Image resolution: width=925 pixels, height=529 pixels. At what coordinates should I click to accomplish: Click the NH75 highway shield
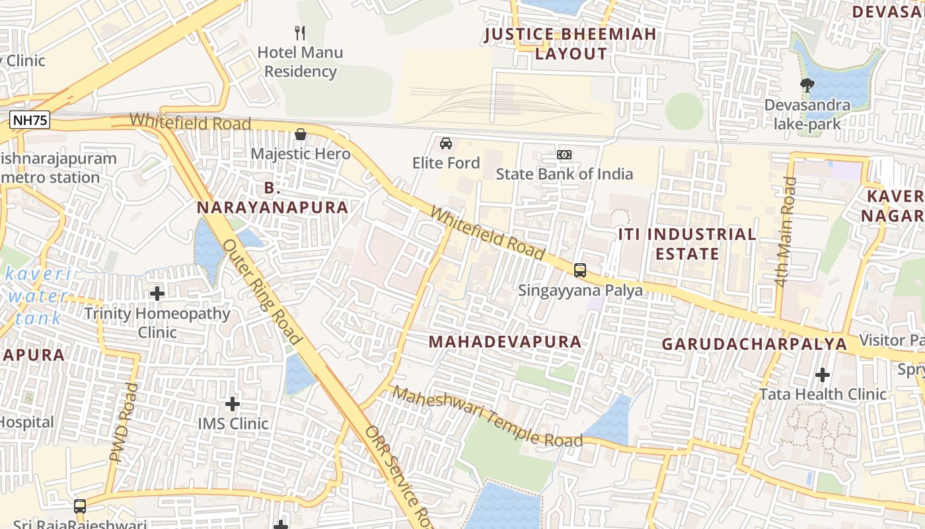pos(30,120)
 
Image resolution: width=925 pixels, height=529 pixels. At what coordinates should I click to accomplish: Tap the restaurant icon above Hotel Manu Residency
pos(301,32)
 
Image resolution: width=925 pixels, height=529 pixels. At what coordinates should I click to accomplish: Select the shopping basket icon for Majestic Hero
pos(301,135)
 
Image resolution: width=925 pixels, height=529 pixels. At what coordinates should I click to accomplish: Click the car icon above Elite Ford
pos(446,143)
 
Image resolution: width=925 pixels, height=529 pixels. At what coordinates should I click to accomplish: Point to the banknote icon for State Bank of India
pos(564,155)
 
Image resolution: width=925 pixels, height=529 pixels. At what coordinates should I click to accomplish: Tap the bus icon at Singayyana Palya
pos(580,270)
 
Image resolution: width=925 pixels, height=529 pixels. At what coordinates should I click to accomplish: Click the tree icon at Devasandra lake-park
pos(807,85)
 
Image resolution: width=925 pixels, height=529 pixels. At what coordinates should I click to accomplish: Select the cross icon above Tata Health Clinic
pos(823,375)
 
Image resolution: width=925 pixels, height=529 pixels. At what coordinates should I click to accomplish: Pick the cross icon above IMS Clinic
pos(233,403)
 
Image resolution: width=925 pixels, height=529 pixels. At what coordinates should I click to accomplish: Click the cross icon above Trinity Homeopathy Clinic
pos(157,293)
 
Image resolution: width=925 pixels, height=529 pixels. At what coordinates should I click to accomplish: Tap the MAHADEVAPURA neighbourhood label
pos(505,342)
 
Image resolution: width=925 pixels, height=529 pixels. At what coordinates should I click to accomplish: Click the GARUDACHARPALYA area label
pos(755,344)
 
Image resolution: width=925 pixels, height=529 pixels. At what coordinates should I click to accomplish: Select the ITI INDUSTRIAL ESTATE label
pos(687,244)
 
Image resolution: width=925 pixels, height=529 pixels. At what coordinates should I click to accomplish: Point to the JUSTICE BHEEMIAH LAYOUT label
pos(571,44)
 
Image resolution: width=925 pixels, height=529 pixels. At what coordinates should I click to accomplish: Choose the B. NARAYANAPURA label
pos(272,198)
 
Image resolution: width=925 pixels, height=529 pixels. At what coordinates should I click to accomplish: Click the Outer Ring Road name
pos(262,291)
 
